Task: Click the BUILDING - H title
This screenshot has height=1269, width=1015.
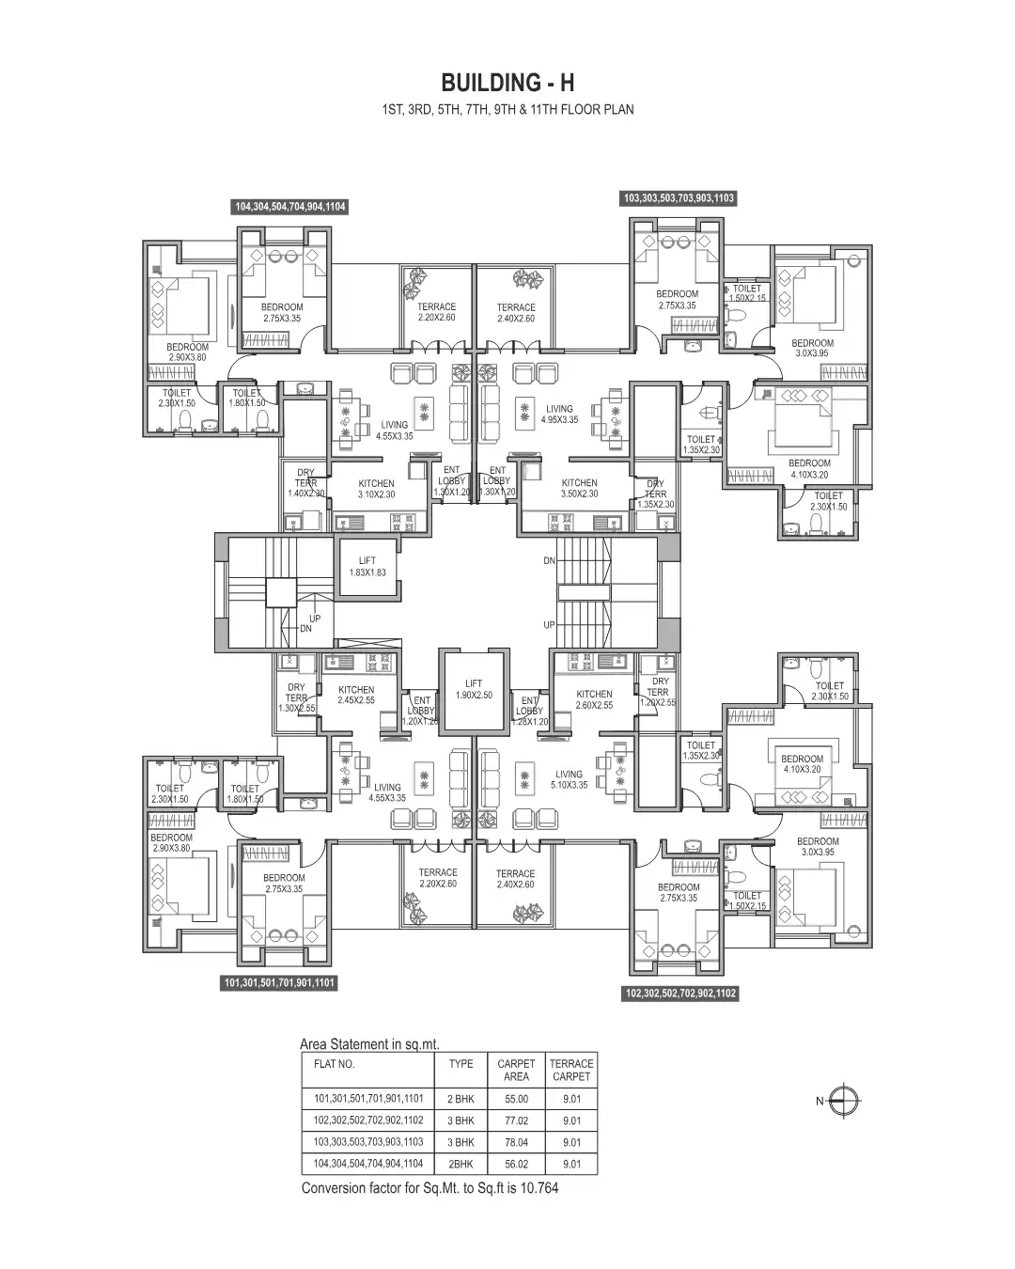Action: tap(507, 83)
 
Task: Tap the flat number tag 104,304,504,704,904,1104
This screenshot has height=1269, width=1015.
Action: tap(290, 207)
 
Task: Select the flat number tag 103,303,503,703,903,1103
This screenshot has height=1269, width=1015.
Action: tap(679, 198)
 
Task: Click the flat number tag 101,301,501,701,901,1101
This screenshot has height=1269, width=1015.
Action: tap(280, 983)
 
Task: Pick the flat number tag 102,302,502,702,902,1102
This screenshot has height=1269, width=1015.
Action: tap(681, 994)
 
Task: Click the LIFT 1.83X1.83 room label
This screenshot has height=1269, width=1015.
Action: tap(367, 567)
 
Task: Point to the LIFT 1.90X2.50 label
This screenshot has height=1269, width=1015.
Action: tap(474, 689)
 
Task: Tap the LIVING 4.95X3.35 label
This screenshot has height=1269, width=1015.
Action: tap(559, 415)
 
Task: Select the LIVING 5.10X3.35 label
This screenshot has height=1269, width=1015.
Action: tap(569, 780)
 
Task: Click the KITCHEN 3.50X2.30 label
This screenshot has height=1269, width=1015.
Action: tap(579, 488)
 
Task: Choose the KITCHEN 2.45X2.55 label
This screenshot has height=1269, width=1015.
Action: tap(356, 695)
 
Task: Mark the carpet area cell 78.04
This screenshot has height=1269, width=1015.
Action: tap(516, 1142)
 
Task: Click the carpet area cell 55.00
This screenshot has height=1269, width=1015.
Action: tap(516, 1099)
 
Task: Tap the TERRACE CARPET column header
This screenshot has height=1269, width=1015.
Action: tap(571, 1071)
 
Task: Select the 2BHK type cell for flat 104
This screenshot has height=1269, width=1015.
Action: tap(461, 1164)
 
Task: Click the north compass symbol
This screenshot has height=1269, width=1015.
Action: tap(846, 1101)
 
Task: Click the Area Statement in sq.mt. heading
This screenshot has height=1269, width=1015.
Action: tap(369, 1043)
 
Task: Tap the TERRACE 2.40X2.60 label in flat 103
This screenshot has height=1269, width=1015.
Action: tap(516, 313)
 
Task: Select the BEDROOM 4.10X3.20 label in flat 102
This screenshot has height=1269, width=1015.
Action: tap(802, 763)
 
